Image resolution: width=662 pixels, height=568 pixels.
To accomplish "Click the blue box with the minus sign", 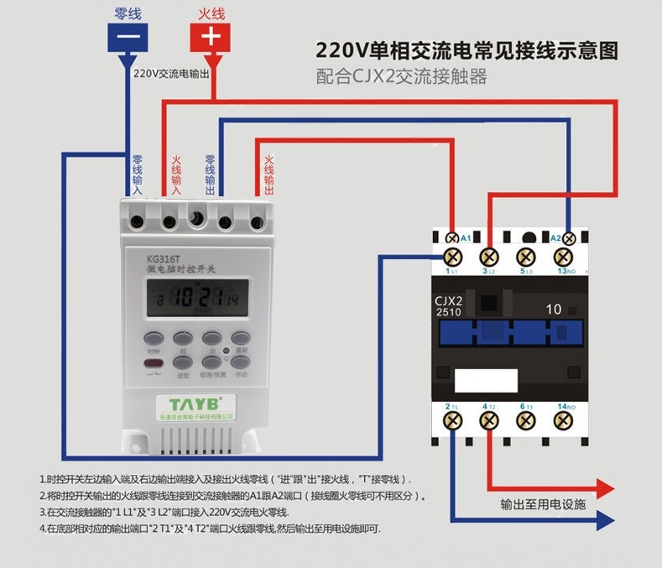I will pyautogui.click(x=129, y=37).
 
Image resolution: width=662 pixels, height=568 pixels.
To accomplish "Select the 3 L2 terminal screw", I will pyautogui.click(x=490, y=256).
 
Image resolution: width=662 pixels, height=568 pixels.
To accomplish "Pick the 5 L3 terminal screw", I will pyautogui.click(x=526, y=256).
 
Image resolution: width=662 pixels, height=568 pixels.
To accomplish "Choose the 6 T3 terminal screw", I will pyautogui.click(x=526, y=419).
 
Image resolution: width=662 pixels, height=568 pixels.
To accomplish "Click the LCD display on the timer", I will pyautogui.click(x=192, y=296).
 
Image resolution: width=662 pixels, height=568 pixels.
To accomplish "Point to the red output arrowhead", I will pyautogui.click(x=606, y=487).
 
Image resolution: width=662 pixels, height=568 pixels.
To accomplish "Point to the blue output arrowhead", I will pyautogui.click(x=606, y=522).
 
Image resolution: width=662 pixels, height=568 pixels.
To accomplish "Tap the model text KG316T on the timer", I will pyautogui.click(x=163, y=258).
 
